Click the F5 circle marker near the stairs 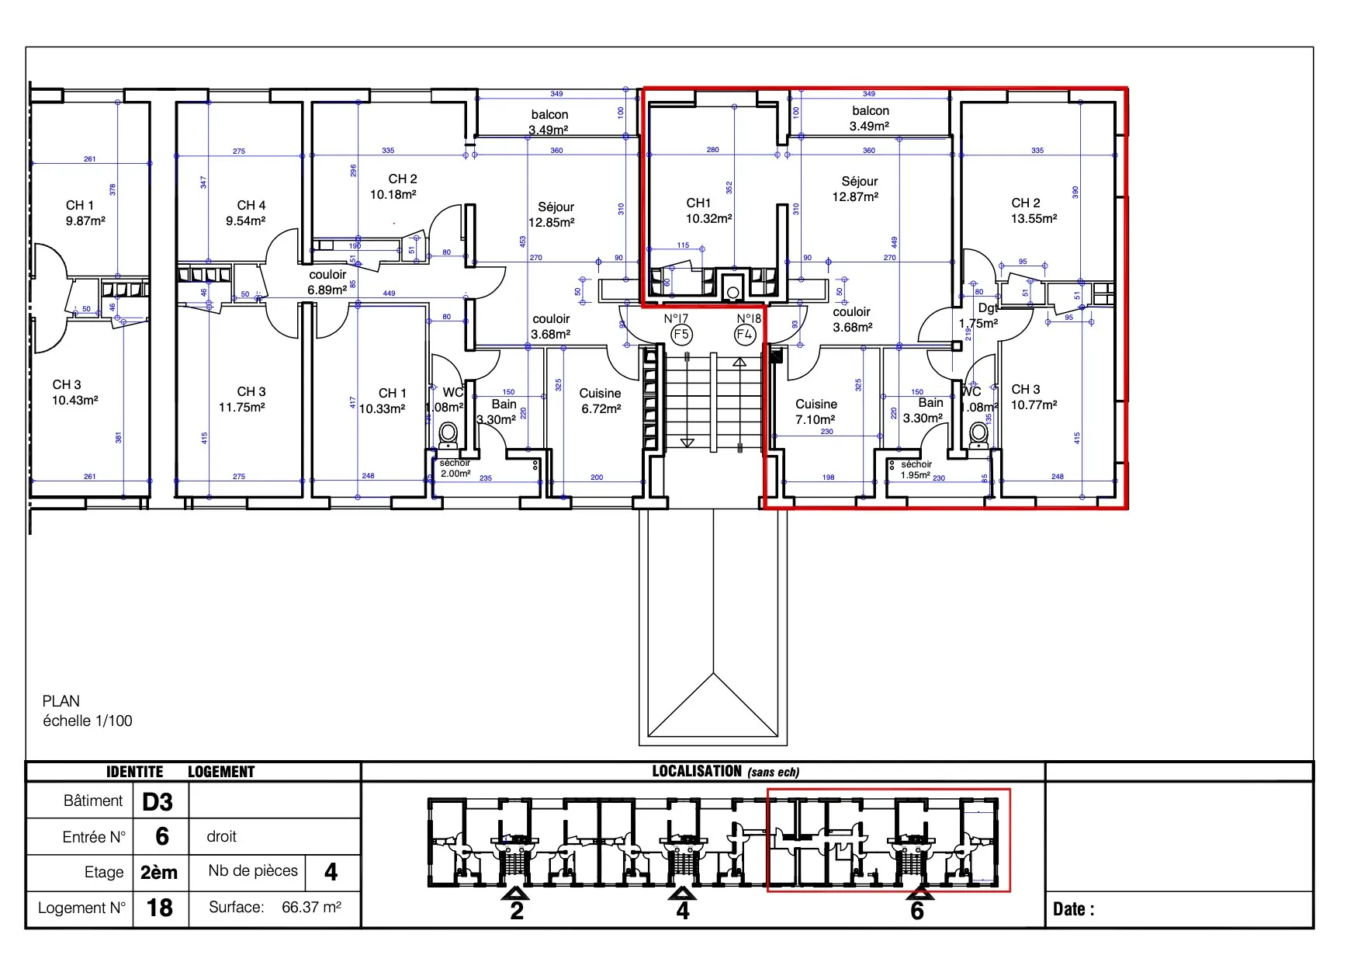point(680,335)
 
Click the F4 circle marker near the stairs point(744,335)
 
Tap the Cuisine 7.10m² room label point(816,412)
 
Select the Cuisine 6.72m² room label point(601,401)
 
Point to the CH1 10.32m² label point(708,210)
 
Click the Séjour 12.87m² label point(857,189)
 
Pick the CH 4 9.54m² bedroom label point(248,213)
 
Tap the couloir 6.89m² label point(327,282)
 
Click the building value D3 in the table point(158,801)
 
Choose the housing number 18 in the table point(159,907)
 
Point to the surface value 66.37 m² point(311,907)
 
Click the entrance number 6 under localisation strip point(917,910)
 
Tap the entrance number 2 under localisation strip point(517,910)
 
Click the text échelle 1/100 point(88,721)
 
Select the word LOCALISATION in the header point(697,771)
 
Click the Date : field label point(1073,909)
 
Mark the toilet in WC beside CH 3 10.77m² point(979,434)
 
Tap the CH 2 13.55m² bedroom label point(1033,210)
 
